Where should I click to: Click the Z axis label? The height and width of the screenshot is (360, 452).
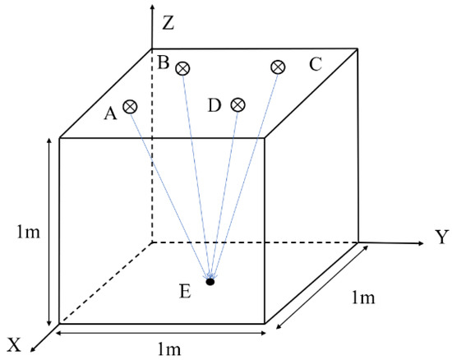[168, 22]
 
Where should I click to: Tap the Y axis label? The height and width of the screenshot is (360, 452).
[440, 238]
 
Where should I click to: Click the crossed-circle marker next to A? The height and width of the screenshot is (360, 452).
[130, 106]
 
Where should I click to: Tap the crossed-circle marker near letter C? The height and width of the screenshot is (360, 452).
[278, 67]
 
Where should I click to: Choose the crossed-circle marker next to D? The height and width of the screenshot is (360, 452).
[238, 104]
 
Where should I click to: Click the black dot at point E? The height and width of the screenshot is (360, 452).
[210, 282]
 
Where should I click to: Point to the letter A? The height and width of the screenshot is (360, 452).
[110, 114]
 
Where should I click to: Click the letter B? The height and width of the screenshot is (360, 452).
[164, 61]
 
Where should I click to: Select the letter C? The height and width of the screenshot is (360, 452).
[315, 64]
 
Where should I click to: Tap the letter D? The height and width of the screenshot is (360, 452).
[215, 105]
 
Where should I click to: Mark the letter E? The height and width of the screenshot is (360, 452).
[186, 289]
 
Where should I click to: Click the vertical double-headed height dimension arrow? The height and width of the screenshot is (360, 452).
[51, 231]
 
